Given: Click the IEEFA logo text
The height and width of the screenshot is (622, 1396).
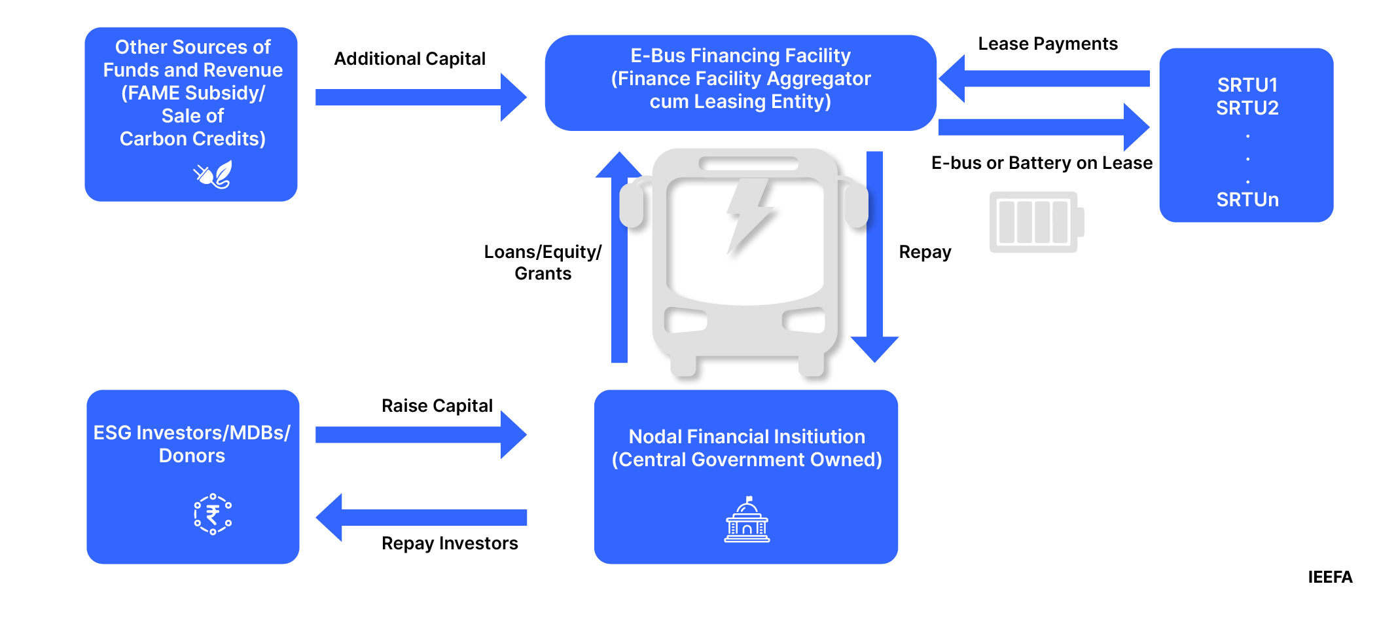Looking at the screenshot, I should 1329,577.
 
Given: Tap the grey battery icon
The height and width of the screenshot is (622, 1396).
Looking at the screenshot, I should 1035,222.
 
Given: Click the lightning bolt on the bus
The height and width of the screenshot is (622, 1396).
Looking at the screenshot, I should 749,215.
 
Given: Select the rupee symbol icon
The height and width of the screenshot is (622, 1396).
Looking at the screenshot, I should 213,515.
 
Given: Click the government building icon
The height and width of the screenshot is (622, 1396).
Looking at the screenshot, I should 747,520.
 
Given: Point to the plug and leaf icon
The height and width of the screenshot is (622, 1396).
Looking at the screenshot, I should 213,175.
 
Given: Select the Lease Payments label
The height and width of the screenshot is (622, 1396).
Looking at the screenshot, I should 1047,44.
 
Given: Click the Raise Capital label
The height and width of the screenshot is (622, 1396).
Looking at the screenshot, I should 437,406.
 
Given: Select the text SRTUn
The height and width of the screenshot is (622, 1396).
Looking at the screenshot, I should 1247,200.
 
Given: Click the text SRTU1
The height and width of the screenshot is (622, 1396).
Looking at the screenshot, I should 1247,85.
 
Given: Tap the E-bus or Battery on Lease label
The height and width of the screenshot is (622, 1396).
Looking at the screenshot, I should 1041,163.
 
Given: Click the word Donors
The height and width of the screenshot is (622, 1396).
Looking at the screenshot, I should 192,456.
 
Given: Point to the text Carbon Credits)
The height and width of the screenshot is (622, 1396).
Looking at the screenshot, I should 192,139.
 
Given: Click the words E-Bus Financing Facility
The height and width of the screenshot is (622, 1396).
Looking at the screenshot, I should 740,56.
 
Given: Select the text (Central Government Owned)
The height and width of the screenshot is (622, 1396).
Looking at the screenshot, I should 746,460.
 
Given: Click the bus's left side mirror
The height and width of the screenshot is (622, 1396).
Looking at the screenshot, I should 632,206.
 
